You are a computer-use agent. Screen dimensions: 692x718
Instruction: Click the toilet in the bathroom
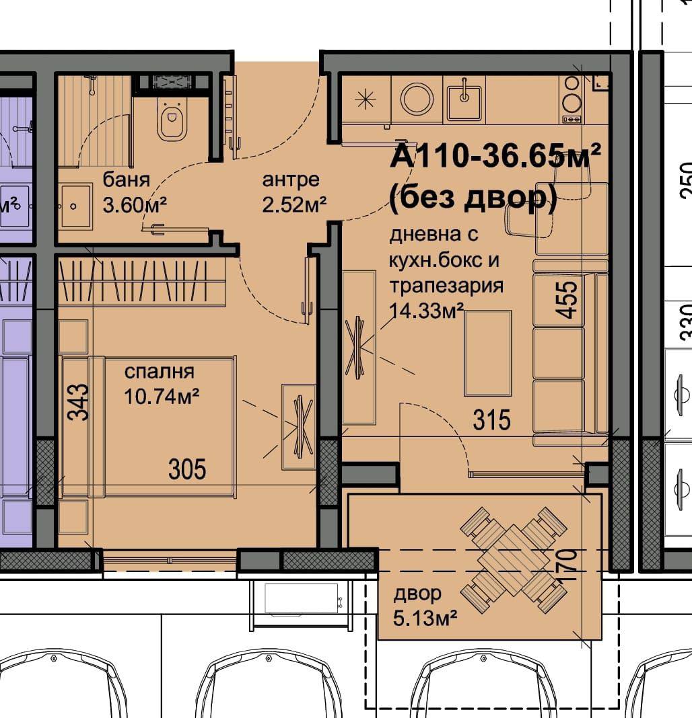(x=172, y=118)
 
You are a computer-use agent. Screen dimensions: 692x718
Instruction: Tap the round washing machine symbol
(x=417, y=98)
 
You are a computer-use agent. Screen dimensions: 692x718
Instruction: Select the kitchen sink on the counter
(x=464, y=99)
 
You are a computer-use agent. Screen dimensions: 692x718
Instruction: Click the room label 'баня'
(x=126, y=179)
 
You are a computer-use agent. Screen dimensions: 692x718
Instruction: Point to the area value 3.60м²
(x=135, y=204)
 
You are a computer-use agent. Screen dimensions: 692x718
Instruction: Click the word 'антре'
(x=291, y=180)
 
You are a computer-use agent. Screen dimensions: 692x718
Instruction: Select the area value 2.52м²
(x=294, y=204)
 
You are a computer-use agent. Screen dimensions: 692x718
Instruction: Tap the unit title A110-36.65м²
(x=495, y=156)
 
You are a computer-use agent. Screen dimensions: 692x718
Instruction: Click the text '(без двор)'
(x=473, y=198)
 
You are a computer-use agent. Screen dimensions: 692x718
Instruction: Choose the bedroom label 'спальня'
(x=159, y=372)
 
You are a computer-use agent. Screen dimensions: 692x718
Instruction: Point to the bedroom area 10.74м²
(x=162, y=396)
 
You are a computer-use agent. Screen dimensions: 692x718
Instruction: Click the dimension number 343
(x=77, y=402)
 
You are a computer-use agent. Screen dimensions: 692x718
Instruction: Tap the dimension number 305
(x=187, y=469)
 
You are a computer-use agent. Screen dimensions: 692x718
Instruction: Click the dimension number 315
(x=491, y=420)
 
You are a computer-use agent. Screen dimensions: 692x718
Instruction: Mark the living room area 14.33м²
(x=426, y=311)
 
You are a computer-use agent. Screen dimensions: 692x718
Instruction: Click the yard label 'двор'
(x=417, y=594)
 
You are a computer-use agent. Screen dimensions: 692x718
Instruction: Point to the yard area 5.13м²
(x=425, y=619)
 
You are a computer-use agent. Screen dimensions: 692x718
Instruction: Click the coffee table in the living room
(x=487, y=352)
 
